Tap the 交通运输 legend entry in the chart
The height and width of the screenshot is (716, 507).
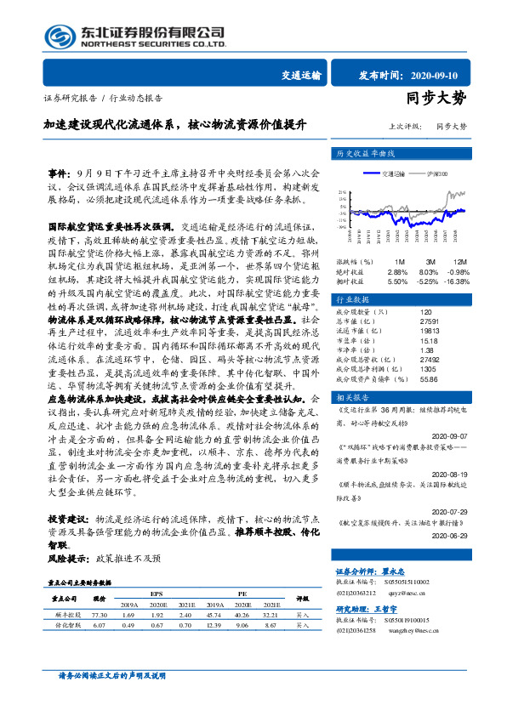[394, 173]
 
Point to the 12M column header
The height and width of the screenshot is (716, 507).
[459, 261]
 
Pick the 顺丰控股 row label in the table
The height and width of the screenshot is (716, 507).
[68, 589]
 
